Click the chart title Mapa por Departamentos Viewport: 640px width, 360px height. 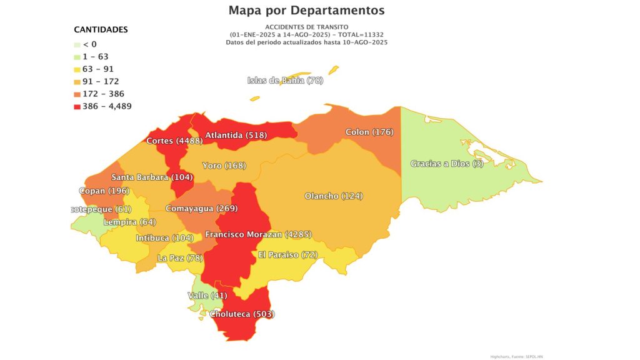[x=306, y=10]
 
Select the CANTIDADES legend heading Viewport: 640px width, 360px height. [x=101, y=29]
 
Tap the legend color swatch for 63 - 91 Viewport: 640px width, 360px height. [x=77, y=69]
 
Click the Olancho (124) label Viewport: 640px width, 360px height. [x=333, y=196]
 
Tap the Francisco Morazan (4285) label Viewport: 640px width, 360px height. [x=258, y=235]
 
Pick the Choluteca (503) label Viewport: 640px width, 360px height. [x=242, y=314]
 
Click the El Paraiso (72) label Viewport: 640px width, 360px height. [x=287, y=255]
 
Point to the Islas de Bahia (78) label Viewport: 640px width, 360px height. [x=285, y=80]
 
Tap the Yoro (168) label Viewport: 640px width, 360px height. [x=224, y=166]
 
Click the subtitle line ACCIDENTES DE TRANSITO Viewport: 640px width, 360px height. [x=306, y=27]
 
